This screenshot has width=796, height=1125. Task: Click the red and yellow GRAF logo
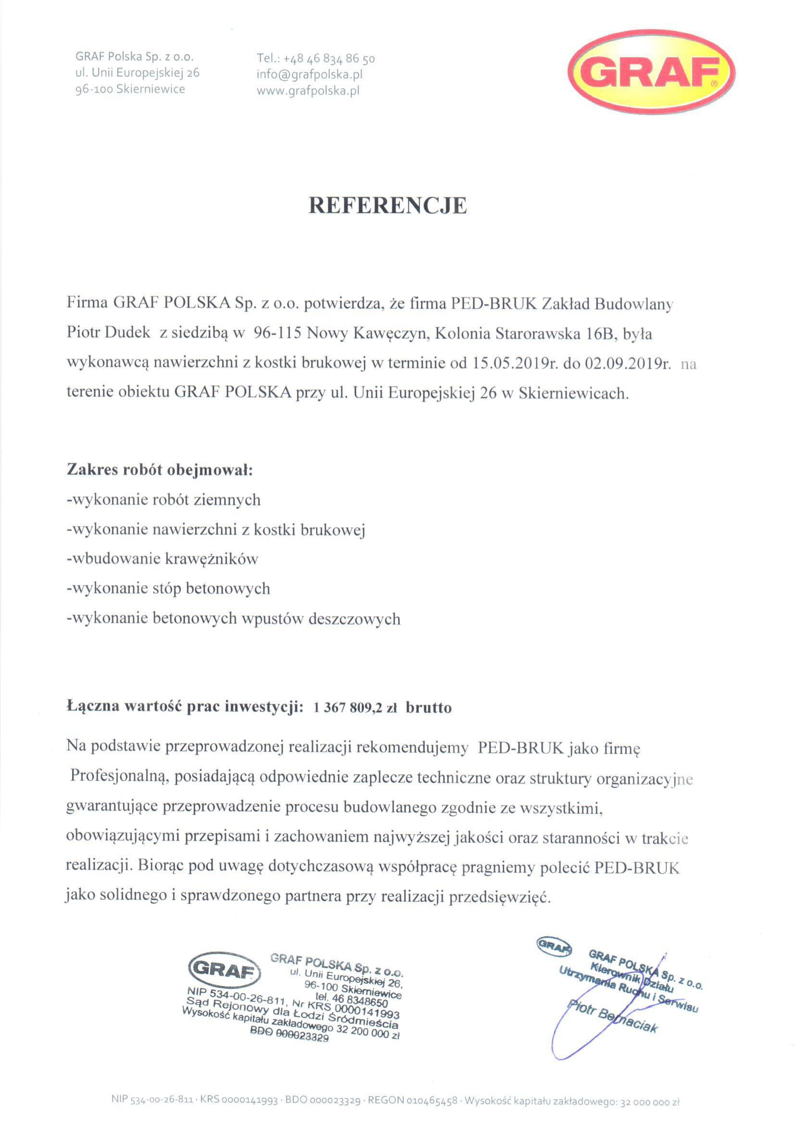(651, 73)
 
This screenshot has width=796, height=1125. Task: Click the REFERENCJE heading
(387, 205)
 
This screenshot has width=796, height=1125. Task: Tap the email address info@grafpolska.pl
(309, 75)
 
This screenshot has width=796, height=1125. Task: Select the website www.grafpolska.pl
(308, 91)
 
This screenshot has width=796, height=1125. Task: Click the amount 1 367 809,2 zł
(355, 708)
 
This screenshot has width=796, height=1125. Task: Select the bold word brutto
(428, 708)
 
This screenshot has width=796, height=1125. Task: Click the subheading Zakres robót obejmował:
(160, 469)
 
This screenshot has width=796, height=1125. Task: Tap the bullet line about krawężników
(162, 558)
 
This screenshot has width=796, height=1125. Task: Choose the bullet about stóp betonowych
(168, 588)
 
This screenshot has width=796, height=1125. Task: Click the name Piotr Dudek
(108, 332)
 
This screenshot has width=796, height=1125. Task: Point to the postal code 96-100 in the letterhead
(94, 89)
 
